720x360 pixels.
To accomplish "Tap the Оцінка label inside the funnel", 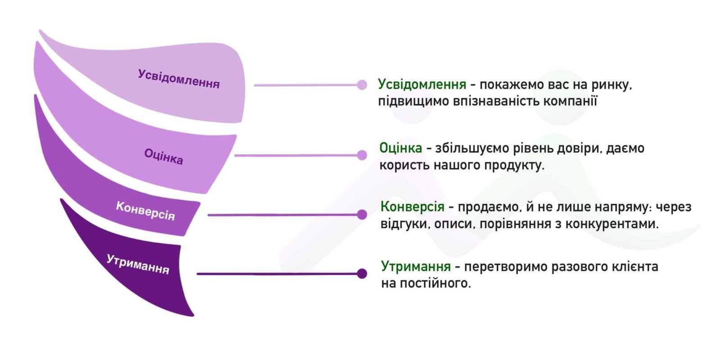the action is tap(164, 157).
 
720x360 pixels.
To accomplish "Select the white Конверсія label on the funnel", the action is tap(145, 211).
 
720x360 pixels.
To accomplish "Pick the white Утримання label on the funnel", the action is tap(138, 264).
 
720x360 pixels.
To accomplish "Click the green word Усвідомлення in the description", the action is tap(422, 85).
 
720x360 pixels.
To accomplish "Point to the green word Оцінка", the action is tap(400, 148).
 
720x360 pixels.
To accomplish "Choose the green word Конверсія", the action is tap(412, 207).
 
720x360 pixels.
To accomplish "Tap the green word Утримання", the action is tap(416, 266).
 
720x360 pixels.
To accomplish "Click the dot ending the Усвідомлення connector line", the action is tap(362, 85).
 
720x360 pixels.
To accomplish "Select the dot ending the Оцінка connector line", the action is tap(362, 155).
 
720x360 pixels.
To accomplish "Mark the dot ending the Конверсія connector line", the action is tap(362, 214).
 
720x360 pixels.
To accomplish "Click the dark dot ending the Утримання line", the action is tap(362, 274).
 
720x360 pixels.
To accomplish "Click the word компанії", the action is tap(570, 101).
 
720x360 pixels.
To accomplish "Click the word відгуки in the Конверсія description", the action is tap(405, 224).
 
